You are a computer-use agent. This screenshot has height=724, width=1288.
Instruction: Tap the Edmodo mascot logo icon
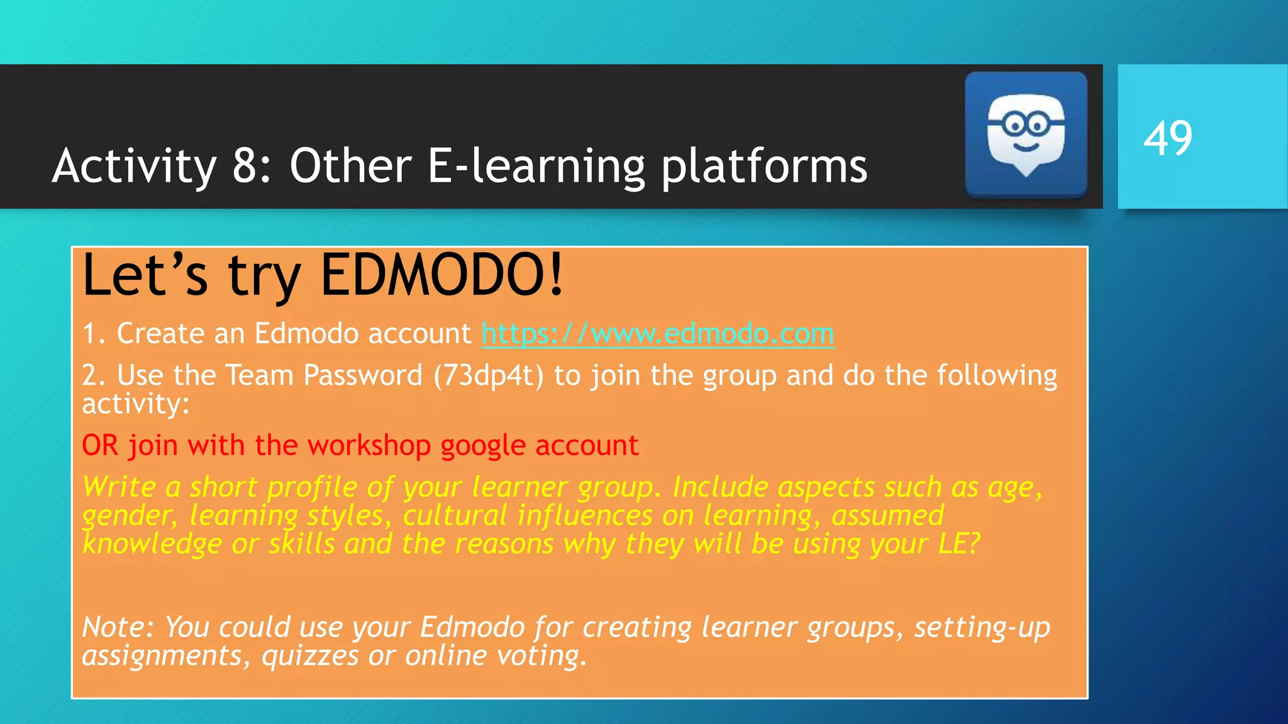[1026, 134]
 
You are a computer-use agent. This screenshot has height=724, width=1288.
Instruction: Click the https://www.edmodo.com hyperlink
[657, 333]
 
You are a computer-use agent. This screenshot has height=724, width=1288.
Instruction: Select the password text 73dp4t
[489, 375]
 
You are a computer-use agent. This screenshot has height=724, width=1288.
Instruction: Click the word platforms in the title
[764, 167]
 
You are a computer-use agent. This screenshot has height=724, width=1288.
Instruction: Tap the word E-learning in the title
[536, 167]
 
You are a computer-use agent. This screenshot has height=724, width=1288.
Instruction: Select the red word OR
[100, 446]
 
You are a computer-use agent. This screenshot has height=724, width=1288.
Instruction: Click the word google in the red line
[483, 446]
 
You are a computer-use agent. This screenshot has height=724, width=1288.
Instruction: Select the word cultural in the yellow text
[455, 515]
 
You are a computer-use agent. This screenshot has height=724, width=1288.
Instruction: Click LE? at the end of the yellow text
[958, 544]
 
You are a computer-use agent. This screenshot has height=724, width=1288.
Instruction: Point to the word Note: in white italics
[118, 627]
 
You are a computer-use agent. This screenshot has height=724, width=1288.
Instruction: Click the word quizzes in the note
[309, 655]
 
